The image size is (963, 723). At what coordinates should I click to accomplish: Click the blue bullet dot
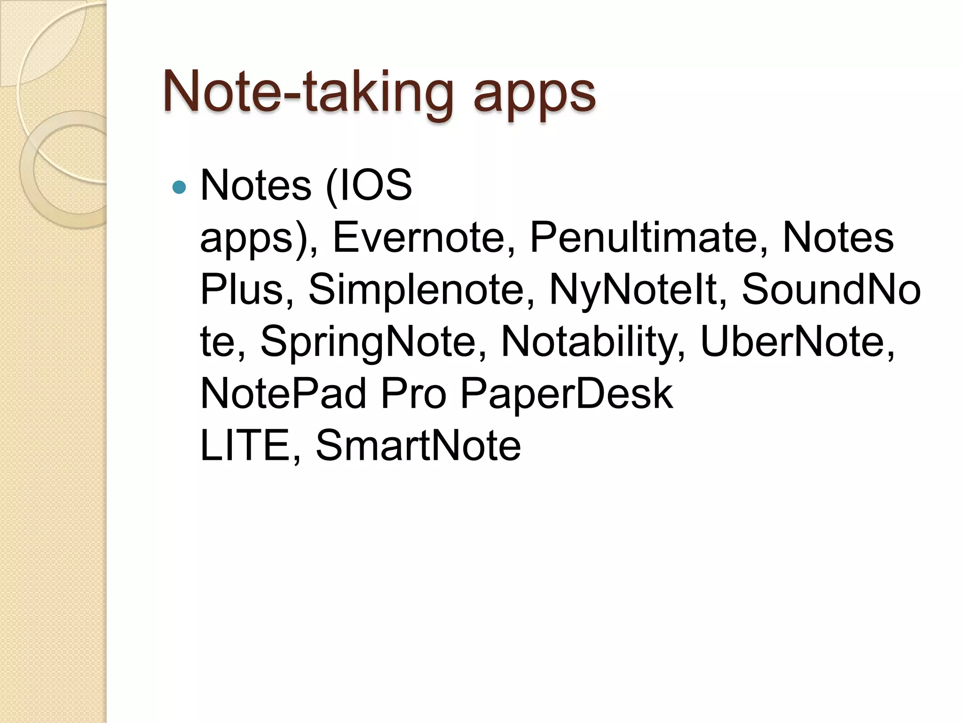point(179,187)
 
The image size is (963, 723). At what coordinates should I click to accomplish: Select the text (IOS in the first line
point(369,185)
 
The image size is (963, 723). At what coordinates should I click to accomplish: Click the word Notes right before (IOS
point(256,185)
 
